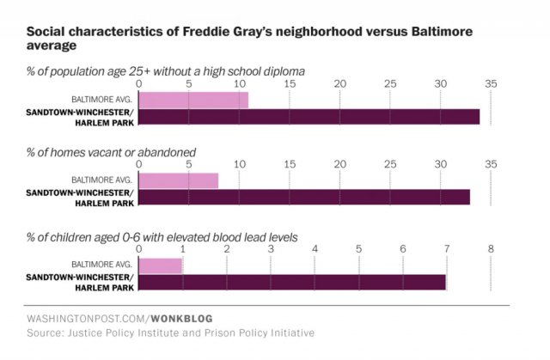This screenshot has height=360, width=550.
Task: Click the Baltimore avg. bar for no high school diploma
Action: coord(193,100)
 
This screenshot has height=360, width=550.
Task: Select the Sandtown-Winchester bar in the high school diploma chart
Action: coord(309,116)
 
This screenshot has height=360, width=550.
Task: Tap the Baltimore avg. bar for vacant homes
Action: coord(178,180)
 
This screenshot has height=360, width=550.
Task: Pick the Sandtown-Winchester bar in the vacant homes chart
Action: coord(304,197)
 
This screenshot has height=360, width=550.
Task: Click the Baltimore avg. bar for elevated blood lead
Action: coord(161,265)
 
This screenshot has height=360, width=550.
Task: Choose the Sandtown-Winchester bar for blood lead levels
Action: coord(292,282)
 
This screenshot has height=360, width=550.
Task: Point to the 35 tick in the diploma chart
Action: coord(491,83)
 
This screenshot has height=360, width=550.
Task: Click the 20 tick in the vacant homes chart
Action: coord(340,164)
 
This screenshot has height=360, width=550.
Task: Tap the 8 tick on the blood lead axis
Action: coord(491,249)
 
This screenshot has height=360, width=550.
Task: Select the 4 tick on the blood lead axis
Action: coord(315,249)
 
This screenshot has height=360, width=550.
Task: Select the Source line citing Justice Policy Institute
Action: coord(170,333)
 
